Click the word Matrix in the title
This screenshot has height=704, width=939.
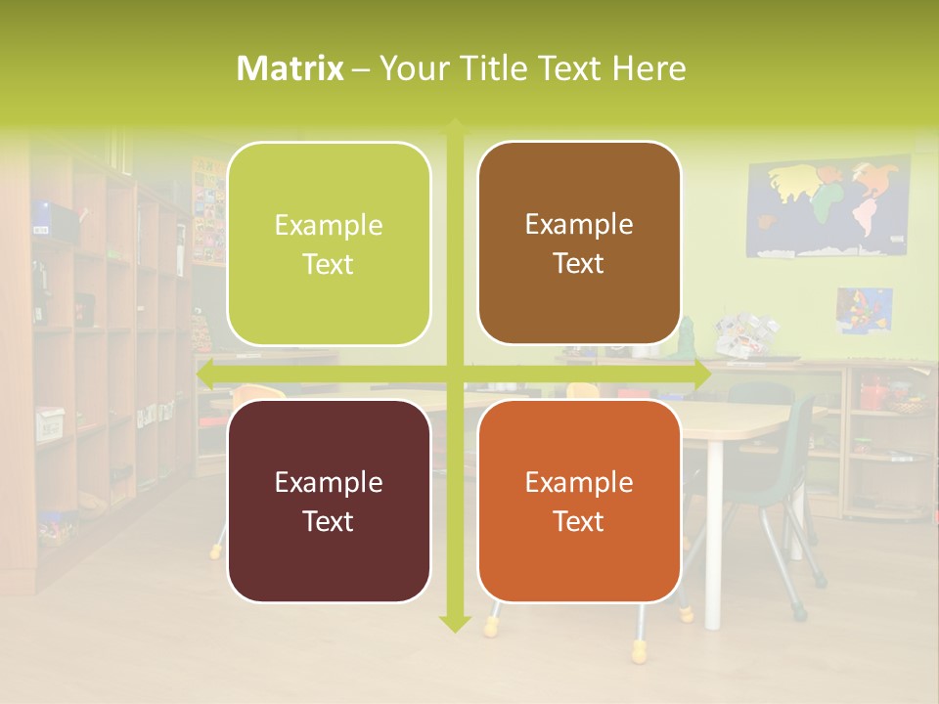291,68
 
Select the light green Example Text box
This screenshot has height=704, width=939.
329,243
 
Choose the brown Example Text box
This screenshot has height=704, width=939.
579,243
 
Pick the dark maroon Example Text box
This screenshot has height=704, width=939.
329,501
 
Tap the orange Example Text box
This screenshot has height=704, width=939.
579,501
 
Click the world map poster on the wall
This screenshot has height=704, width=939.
828,208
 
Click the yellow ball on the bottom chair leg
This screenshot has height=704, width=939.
639,649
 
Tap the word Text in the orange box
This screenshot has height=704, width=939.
579,521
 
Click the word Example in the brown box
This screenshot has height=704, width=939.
579,224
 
